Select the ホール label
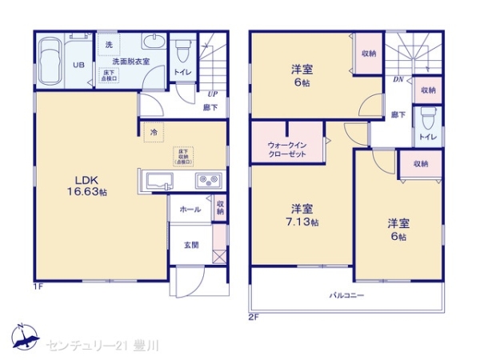pos(190,209)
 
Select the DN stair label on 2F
pos(397,79)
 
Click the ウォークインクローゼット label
pos(286,150)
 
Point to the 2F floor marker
pos(253,316)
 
